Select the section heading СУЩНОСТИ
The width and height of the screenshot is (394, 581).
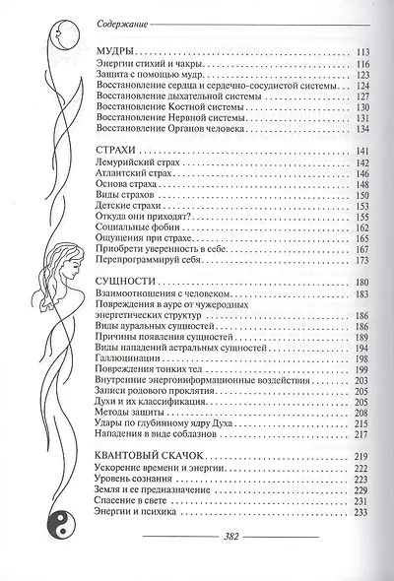(129, 280)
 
